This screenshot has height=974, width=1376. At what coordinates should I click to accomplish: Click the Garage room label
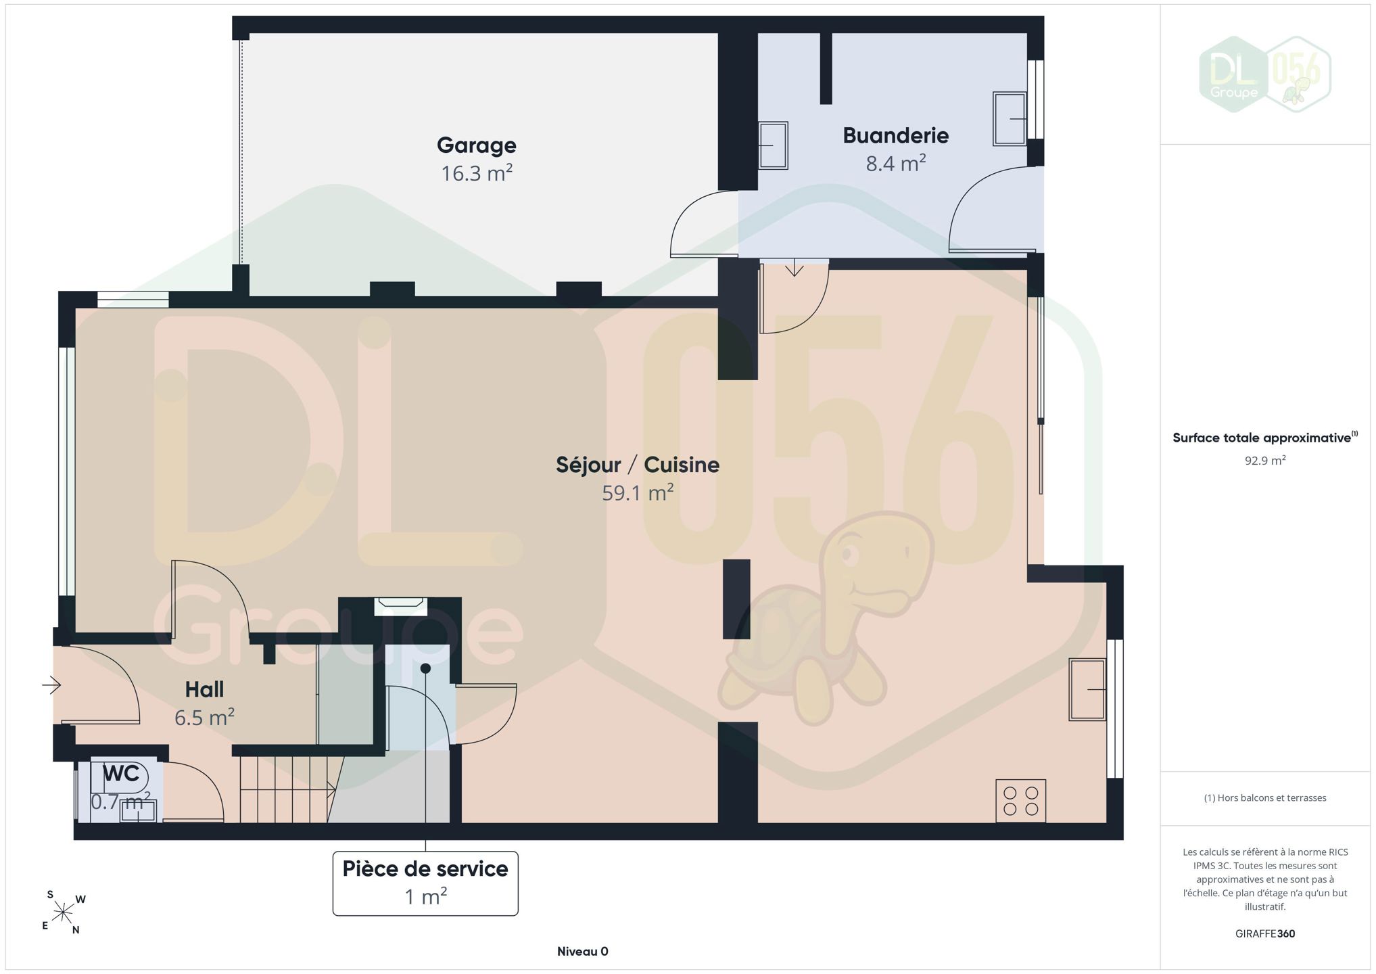[476, 145]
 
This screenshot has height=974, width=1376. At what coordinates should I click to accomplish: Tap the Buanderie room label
[895, 135]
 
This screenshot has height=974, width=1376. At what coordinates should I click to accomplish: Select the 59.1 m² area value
[638, 492]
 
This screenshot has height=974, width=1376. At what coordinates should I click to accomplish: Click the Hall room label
[204, 689]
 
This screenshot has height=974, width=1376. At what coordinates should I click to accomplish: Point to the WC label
[121, 773]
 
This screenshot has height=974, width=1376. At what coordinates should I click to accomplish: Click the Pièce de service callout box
[425, 883]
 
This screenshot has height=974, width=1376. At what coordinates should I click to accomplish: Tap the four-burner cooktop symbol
[1020, 801]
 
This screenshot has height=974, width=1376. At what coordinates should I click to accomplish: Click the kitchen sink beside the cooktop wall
[1087, 689]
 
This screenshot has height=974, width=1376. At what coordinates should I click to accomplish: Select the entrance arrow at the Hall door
[51, 685]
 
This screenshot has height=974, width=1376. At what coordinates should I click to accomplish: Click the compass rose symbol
[63, 912]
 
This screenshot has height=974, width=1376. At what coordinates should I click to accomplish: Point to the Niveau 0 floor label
[582, 952]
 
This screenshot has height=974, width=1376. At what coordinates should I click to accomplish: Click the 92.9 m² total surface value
[1264, 461]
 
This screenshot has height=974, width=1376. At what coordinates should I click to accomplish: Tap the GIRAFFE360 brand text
[1264, 933]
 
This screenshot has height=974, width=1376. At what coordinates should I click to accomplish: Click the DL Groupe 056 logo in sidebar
[1264, 74]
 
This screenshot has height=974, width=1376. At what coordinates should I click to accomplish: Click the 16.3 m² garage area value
[476, 173]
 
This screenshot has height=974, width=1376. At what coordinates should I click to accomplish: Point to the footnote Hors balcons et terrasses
[1264, 798]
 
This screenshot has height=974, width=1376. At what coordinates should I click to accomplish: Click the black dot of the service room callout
[425, 668]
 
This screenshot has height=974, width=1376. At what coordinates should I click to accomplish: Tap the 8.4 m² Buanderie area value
[895, 163]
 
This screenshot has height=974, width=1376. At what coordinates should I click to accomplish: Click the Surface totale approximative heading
[1264, 437]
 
